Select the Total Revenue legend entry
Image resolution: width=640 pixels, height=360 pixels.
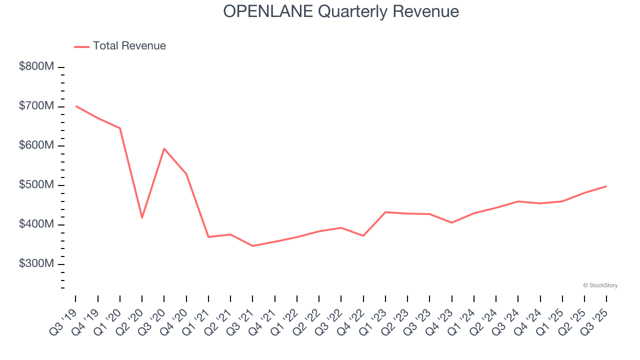point(120,46)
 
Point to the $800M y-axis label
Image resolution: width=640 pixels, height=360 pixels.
point(36,67)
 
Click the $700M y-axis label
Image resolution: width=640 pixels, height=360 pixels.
point(36,106)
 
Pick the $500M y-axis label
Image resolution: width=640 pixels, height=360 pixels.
point(36,185)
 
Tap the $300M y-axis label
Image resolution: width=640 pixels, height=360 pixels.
point(36,264)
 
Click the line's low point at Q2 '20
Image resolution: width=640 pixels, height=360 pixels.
point(142,218)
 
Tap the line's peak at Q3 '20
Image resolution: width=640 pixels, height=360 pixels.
point(164,148)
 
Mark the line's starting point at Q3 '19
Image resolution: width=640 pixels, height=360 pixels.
point(75,105)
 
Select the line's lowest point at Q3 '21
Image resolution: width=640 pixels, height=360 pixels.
point(252,246)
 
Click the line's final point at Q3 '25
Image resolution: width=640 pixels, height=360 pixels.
point(606,186)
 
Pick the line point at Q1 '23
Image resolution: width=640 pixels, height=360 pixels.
point(385,212)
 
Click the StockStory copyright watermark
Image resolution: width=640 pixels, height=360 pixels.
point(600,285)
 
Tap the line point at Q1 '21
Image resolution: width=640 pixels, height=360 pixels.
point(208,237)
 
